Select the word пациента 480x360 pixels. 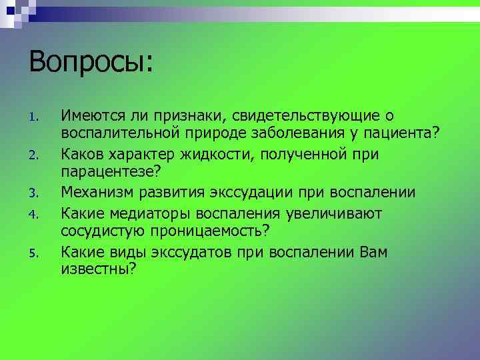coord(403,135)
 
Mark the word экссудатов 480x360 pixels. coord(199,251)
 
